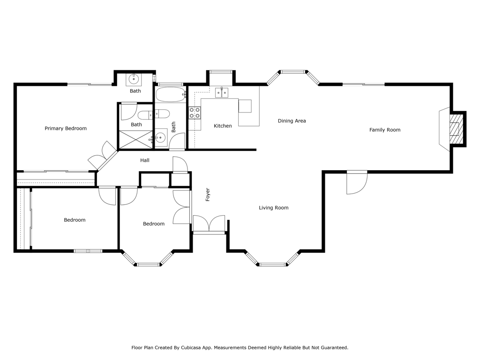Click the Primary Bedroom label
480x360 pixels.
click(66, 128)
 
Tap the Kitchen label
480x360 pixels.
click(223, 126)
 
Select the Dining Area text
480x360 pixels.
click(292, 121)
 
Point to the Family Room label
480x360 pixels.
click(385, 130)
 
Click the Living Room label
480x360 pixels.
click(274, 208)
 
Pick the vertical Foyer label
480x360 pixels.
click(208, 195)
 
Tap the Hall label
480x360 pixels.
click(145, 160)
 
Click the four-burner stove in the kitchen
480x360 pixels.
click(195, 112)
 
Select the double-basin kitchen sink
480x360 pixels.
click(222, 92)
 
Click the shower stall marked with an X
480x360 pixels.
click(135, 139)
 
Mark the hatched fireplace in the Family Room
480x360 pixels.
click(455, 128)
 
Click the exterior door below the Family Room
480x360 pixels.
click(357, 182)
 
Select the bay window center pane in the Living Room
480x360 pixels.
click(273, 264)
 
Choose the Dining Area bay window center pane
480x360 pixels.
click(293, 72)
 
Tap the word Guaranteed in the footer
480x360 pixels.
click(333, 348)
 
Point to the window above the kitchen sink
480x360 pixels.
click(221, 72)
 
